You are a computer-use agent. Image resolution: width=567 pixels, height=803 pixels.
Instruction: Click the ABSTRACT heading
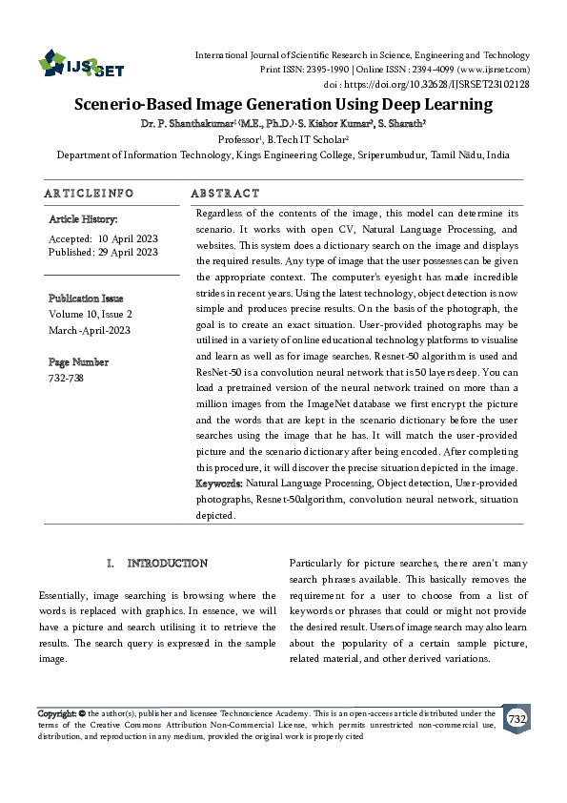click(x=225, y=193)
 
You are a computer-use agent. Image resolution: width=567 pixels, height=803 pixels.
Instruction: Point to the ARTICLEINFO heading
click(x=89, y=193)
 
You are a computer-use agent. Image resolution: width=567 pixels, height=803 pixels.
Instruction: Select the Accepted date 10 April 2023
click(x=128, y=237)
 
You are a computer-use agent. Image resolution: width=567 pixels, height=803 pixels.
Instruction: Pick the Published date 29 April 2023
click(x=128, y=252)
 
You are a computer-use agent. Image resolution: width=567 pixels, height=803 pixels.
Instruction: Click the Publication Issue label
click(x=86, y=299)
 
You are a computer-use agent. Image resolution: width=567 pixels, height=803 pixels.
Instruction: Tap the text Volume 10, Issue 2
click(x=91, y=313)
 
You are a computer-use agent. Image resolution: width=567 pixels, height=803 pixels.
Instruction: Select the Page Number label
click(x=78, y=362)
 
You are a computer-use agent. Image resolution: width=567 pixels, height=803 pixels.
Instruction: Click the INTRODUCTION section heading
click(x=167, y=564)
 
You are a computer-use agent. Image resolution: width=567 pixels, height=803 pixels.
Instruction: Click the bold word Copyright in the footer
click(x=56, y=713)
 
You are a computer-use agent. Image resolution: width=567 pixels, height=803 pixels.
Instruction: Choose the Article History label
click(x=83, y=219)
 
